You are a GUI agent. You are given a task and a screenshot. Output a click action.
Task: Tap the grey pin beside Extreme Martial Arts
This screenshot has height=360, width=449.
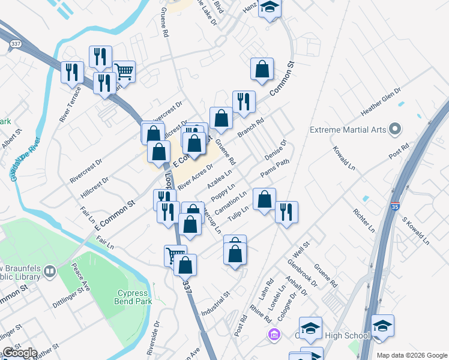click(x=394, y=129)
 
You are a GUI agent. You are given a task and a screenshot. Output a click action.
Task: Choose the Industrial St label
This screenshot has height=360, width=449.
click(x=217, y=304)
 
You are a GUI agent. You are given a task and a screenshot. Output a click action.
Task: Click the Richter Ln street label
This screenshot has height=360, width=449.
click(x=364, y=220)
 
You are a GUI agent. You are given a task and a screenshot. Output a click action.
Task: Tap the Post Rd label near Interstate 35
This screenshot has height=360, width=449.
click(x=399, y=151)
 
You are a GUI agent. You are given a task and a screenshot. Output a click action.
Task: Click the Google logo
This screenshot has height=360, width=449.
click(x=19, y=353)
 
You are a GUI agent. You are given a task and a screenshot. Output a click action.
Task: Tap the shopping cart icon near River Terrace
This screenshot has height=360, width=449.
click(x=124, y=71)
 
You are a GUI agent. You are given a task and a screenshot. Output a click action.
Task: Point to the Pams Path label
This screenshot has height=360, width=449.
click(x=275, y=168)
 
